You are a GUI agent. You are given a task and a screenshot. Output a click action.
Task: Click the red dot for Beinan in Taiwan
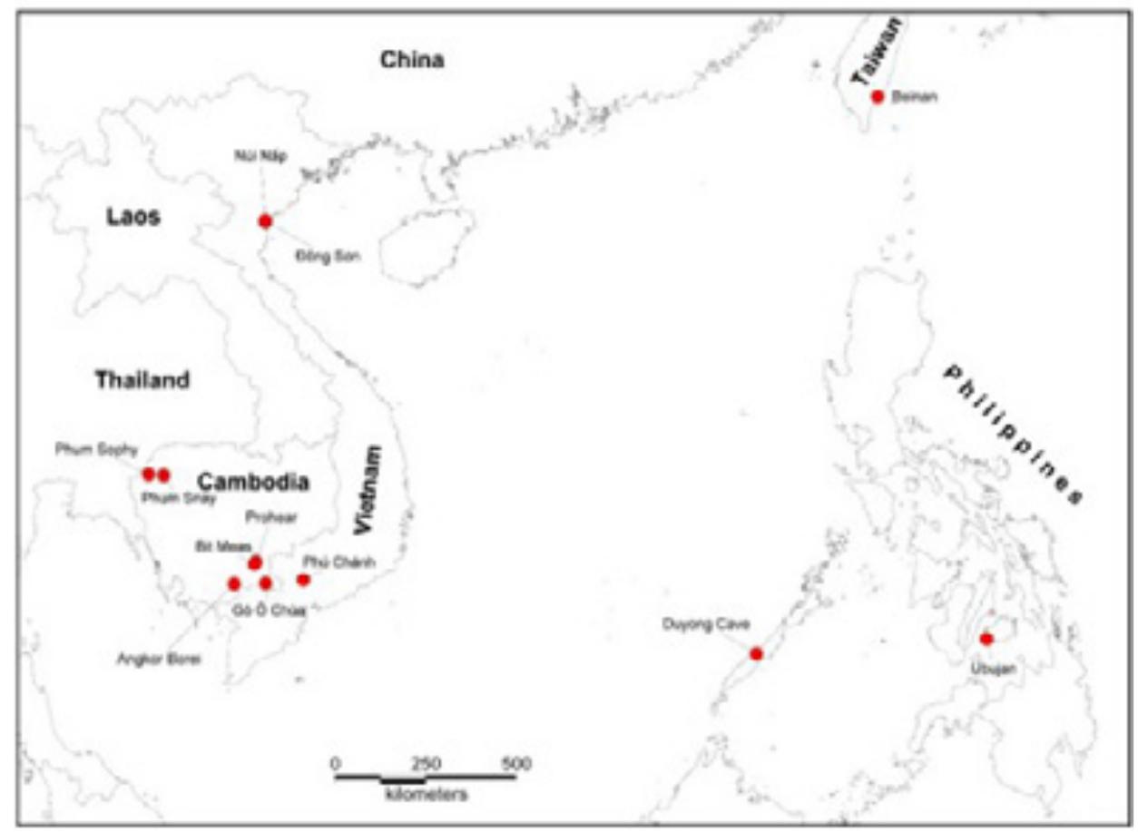pos(877,96)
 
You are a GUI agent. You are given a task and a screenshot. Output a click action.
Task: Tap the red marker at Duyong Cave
pos(756,653)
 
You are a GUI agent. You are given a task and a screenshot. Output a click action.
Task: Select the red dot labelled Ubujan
pos(986,639)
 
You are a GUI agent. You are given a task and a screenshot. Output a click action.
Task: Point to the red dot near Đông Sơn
pos(265,220)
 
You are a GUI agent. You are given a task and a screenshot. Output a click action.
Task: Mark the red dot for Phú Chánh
pos(303,580)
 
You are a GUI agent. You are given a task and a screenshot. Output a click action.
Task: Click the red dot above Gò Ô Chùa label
pos(265,582)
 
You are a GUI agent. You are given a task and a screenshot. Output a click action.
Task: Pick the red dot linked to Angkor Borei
pos(234,583)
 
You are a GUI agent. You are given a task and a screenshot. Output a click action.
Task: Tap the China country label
pos(412,61)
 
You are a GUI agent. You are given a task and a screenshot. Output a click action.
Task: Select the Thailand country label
pos(142,380)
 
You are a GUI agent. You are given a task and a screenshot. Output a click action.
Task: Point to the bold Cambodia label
pos(253,482)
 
